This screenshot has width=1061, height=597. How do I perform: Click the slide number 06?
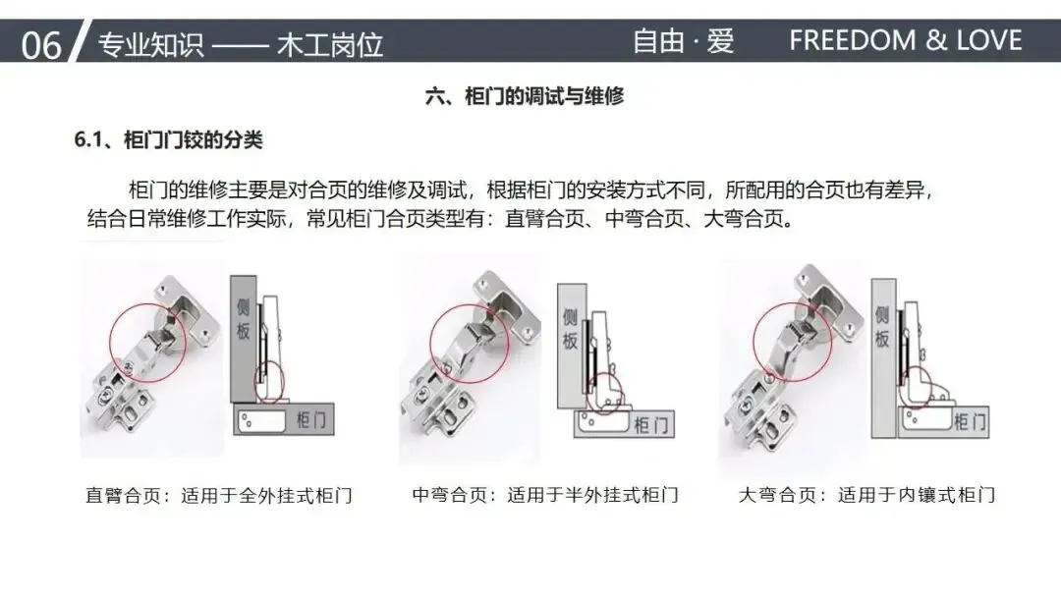point(40,45)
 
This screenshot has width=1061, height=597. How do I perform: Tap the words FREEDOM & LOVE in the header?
point(906,40)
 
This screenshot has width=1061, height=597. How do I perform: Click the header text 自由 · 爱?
point(684,40)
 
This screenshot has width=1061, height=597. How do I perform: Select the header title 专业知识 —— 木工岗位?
point(241,45)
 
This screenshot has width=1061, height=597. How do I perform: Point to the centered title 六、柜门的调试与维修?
point(525,96)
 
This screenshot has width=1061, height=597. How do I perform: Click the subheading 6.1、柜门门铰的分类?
point(169,140)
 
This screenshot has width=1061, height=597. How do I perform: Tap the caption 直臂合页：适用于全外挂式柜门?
point(219,496)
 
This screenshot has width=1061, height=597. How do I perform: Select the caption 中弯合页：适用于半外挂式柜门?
point(545,496)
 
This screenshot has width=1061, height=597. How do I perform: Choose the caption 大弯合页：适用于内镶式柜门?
point(866,496)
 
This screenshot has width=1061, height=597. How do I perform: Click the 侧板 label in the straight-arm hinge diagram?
point(243,318)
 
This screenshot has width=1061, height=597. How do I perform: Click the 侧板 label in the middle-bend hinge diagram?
point(570,329)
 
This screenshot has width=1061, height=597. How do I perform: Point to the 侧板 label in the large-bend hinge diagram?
point(881,327)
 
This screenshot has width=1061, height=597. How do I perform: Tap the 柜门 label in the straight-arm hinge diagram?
point(311,420)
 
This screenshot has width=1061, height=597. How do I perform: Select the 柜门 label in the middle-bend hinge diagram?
point(651,424)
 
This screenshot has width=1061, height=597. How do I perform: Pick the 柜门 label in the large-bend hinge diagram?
point(970,422)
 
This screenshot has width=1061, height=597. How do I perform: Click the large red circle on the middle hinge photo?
point(430,344)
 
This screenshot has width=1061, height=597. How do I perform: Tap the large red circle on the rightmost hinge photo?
point(754,342)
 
